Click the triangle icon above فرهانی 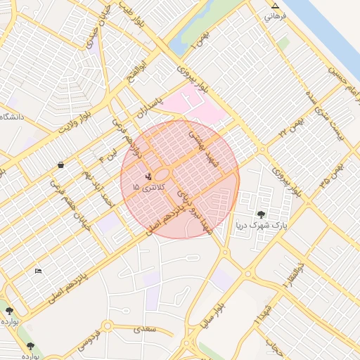[x=275, y=6]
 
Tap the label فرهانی [x=276, y=15]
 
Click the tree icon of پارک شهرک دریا [x=261, y=214]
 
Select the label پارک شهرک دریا [x=261, y=226]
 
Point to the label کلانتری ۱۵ [x=146, y=188]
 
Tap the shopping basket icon [x=61, y=165]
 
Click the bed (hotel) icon [x=38, y=271]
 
